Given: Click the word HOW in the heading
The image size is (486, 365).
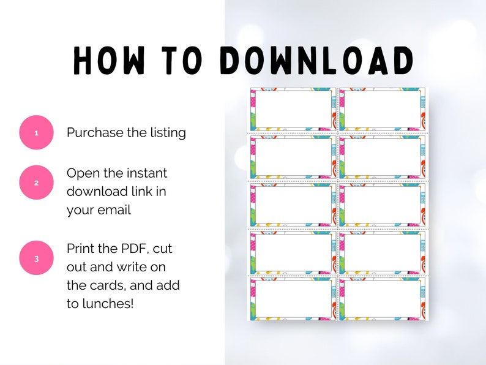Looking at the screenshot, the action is (109, 61).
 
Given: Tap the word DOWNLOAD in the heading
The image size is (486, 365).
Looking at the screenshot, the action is (317, 61).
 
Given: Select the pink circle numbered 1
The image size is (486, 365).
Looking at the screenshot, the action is (37, 132).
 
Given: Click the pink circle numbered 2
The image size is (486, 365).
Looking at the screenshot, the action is (37, 182).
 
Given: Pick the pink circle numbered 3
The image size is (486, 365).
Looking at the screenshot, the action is (37, 258).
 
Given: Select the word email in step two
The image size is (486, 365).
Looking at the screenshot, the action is (115, 210).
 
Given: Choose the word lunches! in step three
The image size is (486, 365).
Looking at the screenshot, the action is (108, 304).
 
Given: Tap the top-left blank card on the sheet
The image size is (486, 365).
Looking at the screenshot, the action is (293, 109).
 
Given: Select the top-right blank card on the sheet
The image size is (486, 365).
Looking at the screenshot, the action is (382, 109).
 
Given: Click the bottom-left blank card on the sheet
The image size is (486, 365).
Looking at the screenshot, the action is (293, 299).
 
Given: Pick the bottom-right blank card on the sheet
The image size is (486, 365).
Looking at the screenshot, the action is (382, 299).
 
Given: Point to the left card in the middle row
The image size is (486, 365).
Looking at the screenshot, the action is (293, 205).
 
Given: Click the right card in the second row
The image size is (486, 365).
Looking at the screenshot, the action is (382, 157).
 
